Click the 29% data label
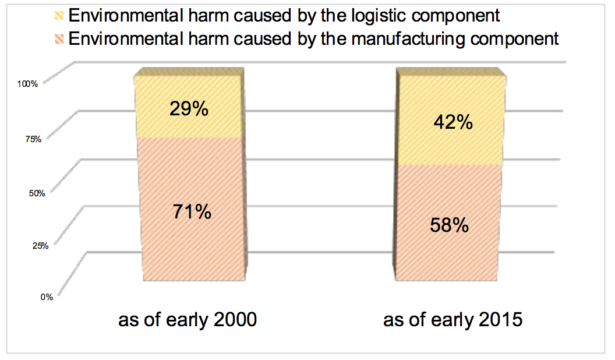coord(189,108)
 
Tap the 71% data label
coord(192,212)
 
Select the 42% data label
coord(453,122)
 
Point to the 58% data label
coord(450,225)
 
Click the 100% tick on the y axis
coord(27,84)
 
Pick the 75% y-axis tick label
coord(33,139)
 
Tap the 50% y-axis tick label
coord(37,193)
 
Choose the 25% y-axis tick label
coord(40,246)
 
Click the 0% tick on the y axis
coord(47,297)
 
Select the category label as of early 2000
coord(188,320)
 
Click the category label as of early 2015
coord(453,320)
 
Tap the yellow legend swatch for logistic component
coord(59,16)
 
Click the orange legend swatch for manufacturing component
coord(59,39)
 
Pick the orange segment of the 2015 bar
coord(448,223)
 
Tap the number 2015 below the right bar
coord(500,319)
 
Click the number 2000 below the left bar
coord(235,319)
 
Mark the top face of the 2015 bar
coord(451,72)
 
